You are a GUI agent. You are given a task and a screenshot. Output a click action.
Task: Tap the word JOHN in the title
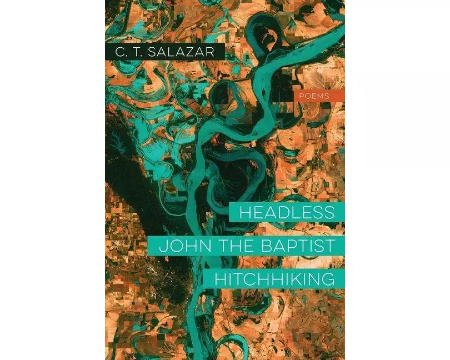click(176, 245)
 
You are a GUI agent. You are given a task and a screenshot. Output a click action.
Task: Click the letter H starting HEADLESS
click(245, 213)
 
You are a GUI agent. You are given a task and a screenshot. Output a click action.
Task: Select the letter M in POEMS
click(321, 96)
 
